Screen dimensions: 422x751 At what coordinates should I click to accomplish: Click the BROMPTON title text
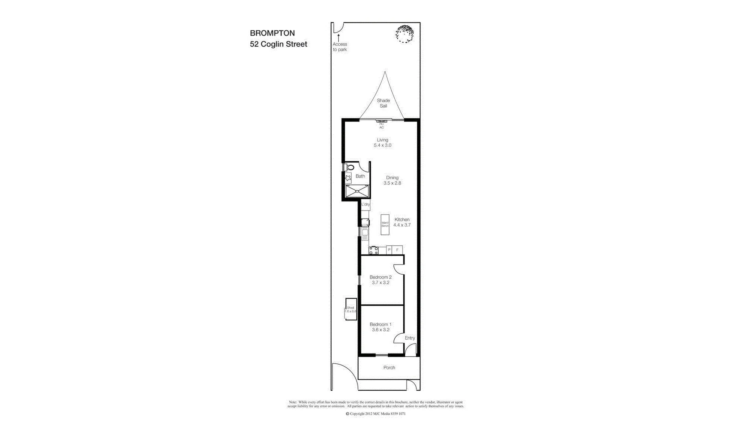[272, 33]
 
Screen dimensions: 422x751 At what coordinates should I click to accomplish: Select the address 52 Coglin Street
[278, 44]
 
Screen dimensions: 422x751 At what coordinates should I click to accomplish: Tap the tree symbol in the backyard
[404, 34]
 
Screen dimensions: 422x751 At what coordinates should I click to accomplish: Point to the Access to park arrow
[339, 38]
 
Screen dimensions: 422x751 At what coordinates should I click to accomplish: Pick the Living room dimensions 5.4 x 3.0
[383, 145]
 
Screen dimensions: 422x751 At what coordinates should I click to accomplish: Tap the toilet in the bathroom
[350, 168]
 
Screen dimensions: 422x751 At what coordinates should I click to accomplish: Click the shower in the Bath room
[357, 191]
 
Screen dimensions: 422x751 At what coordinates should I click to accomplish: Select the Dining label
[392, 177]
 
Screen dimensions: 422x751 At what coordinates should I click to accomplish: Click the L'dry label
[365, 204]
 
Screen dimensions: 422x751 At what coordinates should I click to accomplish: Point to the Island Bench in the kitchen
[385, 224]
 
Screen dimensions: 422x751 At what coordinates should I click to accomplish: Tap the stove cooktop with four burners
[374, 250]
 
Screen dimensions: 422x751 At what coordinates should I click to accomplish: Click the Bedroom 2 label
[381, 277]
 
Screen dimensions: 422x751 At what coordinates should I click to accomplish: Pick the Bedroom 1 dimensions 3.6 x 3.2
[381, 330]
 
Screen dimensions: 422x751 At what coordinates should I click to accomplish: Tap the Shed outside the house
[351, 309]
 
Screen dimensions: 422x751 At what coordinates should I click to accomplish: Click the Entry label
[410, 338]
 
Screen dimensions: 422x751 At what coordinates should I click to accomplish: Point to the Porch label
[389, 368]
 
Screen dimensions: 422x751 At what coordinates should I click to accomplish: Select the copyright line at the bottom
[375, 414]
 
